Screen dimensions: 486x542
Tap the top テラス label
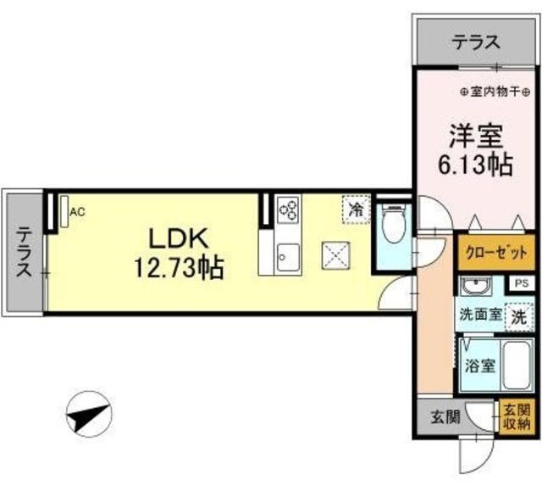[x=474, y=42]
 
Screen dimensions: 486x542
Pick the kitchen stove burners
[x=289, y=209]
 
